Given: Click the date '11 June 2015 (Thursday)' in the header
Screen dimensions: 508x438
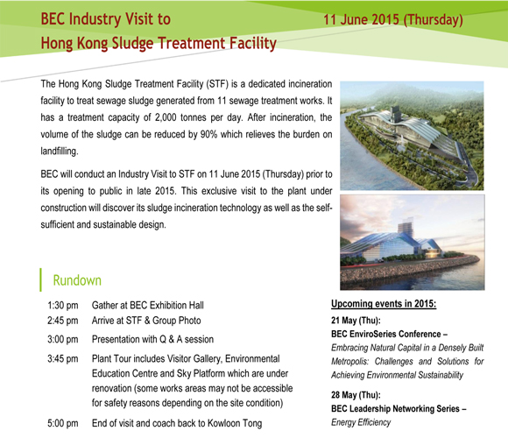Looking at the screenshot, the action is (393, 19).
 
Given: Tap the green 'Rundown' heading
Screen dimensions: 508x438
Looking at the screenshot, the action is (77, 280).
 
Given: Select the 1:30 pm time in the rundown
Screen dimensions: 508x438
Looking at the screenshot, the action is (63, 306).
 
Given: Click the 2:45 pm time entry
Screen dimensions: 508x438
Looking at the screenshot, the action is (63, 321).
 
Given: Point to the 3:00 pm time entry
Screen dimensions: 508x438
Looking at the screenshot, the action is (63, 340).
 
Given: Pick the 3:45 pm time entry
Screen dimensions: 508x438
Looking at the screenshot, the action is (63, 359).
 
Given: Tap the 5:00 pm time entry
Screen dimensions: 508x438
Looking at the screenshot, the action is (63, 423).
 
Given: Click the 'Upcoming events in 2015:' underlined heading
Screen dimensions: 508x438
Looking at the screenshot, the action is (384, 304).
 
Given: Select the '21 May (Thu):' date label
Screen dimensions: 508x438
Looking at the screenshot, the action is (356, 321).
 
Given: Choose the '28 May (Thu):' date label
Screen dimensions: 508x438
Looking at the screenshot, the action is (356, 395).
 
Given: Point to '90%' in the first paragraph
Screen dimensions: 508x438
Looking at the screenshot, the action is (208, 134).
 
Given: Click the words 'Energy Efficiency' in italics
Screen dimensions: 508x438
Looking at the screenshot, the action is (361, 422).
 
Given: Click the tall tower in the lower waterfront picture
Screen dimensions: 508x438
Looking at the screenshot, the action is (406, 228).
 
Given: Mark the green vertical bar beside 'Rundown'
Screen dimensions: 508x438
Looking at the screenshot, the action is (40, 279).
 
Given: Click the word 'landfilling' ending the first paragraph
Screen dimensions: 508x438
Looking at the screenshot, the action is (59, 152).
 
